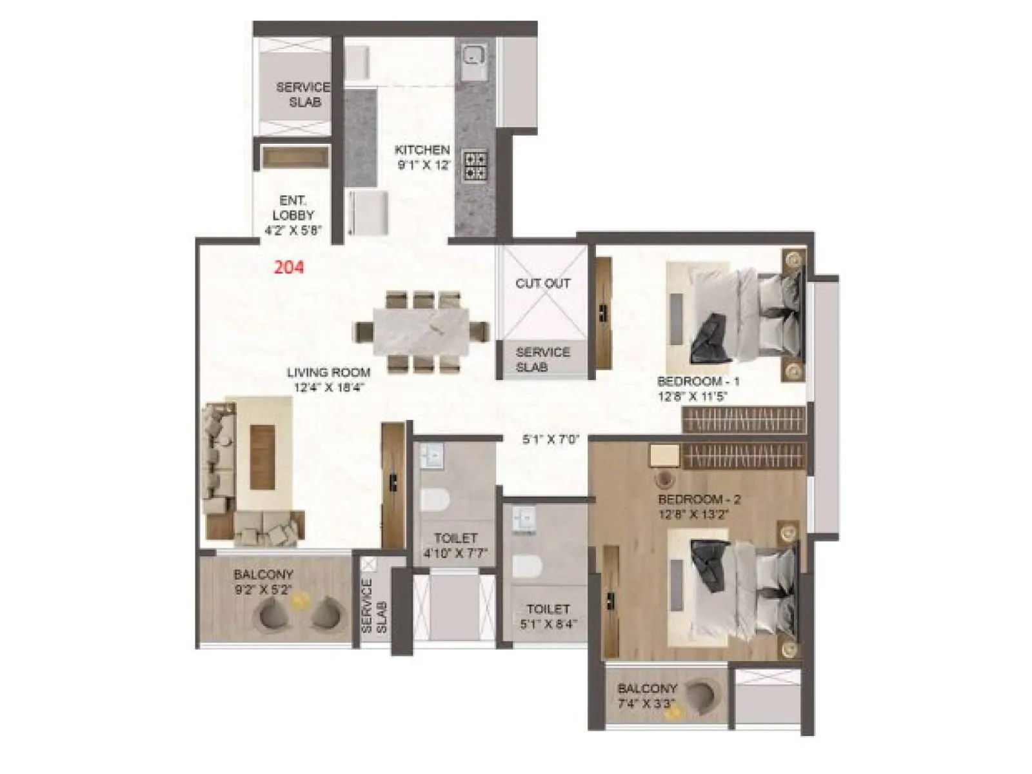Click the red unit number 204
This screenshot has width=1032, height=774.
pyautogui.click(x=288, y=267)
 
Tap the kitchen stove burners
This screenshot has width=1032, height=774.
pyautogui.click(x=476, y=164)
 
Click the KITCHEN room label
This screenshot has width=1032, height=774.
pyautogui.click(x=422, y=150)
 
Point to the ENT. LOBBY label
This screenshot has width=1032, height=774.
pyautogui.click(x=293, y=208)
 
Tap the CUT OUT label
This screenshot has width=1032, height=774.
pyautogui.click(x=542, y=283)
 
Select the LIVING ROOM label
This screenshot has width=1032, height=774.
pyautogui.click(x=328, y=372)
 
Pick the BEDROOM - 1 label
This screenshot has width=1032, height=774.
pyautogui.click(x=698, y=381)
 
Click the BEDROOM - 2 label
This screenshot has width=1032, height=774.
pyautogui.click(x=699, y=499)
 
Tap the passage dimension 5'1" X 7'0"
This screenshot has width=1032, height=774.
pyautogui.click(x=550, y=440)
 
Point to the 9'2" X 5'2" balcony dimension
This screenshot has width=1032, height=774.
pyautogui.click(x=263, y=589)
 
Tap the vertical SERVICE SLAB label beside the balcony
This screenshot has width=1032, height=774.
pyautogui.click(x=375, y=607)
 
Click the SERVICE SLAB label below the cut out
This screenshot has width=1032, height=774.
pyautogui.click(x=542, y=359)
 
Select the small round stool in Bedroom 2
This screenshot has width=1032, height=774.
pyautogui.click(x=664, y=479)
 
